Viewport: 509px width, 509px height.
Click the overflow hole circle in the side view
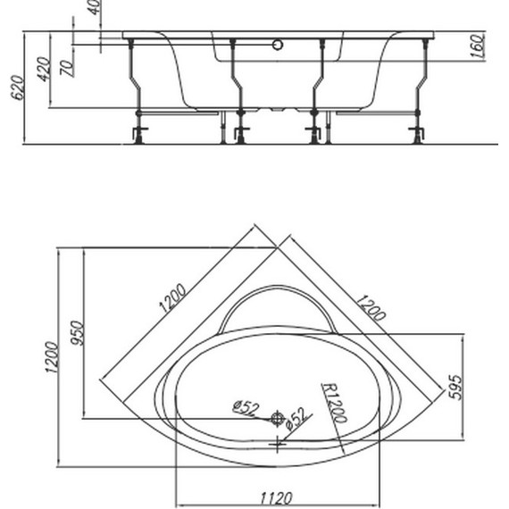(279, 44)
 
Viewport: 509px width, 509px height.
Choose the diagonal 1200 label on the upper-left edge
(172, 297)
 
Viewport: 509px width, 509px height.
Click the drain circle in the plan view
(278, 418)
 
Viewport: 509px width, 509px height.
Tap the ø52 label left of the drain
(245, 407)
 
